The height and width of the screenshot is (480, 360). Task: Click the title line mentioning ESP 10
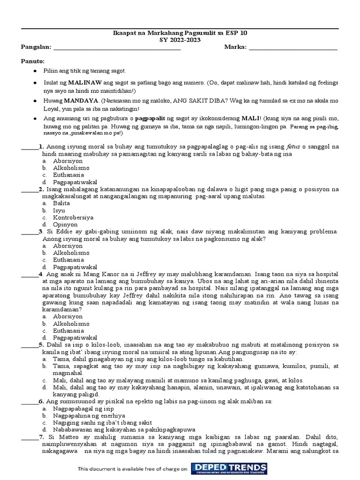point(180,33)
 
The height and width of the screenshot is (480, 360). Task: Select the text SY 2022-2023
point(180,40)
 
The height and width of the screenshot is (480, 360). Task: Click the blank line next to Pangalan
point(117,47)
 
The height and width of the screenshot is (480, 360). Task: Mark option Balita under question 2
point(61,203)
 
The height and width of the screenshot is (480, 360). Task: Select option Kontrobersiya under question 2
point(73,217)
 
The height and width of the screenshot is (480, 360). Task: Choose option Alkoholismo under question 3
point(71,253)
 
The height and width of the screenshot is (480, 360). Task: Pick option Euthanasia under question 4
point(68,330)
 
